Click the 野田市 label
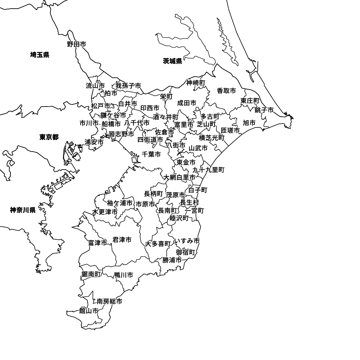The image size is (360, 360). (77, 44)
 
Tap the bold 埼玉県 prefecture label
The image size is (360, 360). (40, 55)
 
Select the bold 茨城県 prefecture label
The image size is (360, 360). (172, 61)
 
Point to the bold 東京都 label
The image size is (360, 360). (49, 137)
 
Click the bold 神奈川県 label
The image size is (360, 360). (23, 210)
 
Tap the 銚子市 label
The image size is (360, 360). (264, 110)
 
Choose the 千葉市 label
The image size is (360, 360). (151, 154)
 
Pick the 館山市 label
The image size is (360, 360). (89, 311)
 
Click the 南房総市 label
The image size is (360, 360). (109, 301)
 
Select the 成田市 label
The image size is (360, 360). (187, 103)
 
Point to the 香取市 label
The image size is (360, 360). (226, 91)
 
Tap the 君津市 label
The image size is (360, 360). (122, 240)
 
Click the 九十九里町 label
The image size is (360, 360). (208, 170)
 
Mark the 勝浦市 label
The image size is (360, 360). (172, 260)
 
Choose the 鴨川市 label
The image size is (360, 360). (123, 275)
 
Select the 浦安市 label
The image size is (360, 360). (94, 142)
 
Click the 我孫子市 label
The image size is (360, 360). (128, 86)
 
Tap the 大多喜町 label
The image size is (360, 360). (158, 244)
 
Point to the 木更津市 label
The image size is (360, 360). (105, 212)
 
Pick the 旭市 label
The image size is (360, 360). (249, 123)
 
